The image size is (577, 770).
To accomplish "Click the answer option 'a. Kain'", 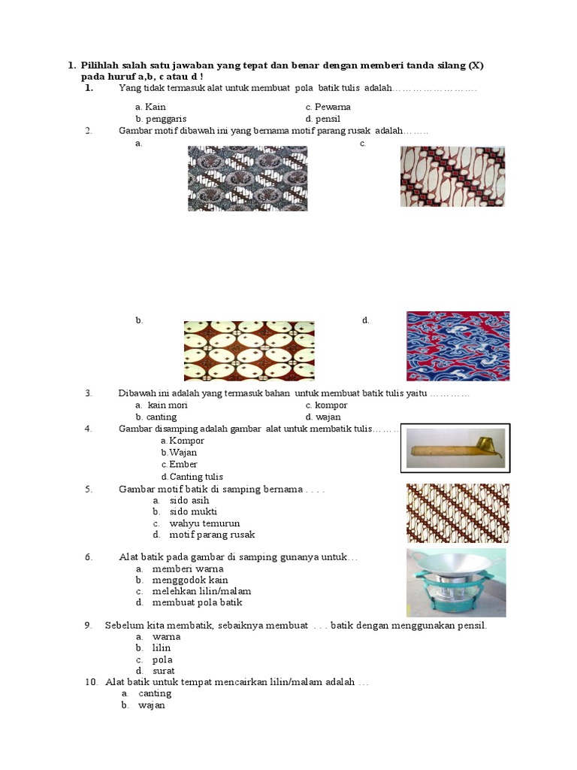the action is pos(150,107).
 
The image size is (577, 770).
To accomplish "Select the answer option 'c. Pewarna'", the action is pos(328,107).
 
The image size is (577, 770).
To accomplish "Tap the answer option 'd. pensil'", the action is pos(323,119).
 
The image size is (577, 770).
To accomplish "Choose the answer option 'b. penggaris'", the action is pos(161,119).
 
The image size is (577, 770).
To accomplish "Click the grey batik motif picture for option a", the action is pos(247,178).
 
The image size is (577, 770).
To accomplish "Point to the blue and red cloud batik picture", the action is pos(458,346).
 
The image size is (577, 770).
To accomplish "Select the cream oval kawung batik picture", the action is pos(249,350).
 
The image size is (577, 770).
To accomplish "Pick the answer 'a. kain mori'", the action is pos(162,405).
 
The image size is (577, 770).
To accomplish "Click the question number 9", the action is pos(89,625).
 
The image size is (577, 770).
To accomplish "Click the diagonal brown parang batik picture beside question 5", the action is pos(458,513).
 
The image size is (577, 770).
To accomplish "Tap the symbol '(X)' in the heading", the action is pos(476,65).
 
